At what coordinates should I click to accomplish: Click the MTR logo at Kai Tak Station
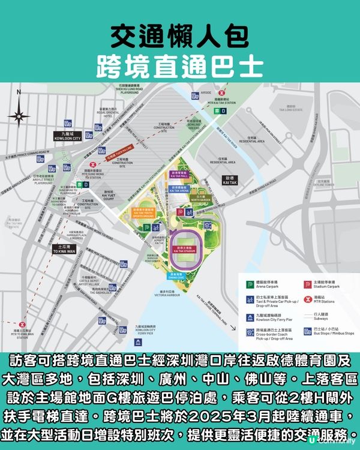point(222,94)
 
